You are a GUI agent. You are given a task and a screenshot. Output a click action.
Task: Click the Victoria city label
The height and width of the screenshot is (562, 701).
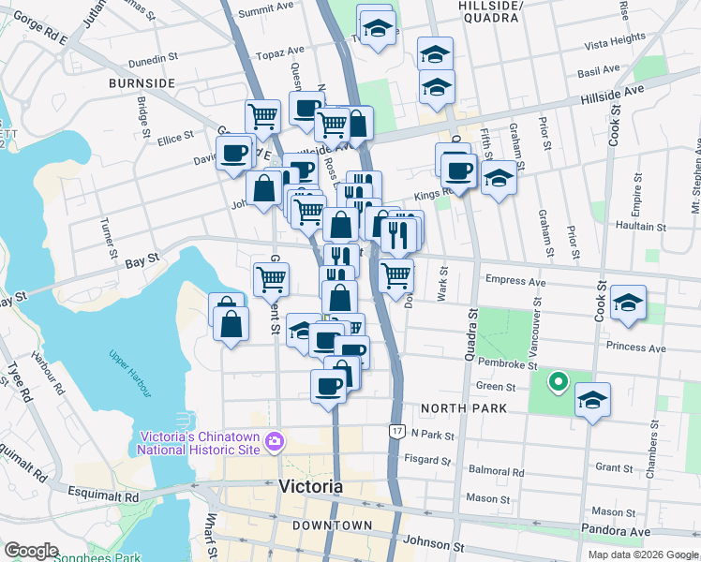(x=311, y=487)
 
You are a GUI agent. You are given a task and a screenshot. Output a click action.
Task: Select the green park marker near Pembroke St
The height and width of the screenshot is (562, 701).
(x=558, y=381)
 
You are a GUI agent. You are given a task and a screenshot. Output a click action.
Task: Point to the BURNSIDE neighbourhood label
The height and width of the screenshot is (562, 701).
(x=142, y=83)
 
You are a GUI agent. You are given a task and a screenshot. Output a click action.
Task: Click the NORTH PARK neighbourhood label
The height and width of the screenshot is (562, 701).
(x=464, y=408)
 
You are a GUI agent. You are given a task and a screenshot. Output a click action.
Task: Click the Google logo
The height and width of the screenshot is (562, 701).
(x=31, y=551)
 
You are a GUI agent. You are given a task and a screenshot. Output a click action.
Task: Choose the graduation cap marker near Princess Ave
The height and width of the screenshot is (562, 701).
(x=628, y=303)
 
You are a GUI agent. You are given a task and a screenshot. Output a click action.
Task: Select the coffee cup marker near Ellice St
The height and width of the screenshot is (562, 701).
(x=234, y=151)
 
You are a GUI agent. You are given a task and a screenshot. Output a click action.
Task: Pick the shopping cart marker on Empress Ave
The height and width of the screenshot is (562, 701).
(x=396, y=275)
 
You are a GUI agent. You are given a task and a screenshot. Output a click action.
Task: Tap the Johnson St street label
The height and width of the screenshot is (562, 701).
(x=433, y=543)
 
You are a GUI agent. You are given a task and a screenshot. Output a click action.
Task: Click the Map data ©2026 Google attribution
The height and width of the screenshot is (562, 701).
(x=644, y=554)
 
